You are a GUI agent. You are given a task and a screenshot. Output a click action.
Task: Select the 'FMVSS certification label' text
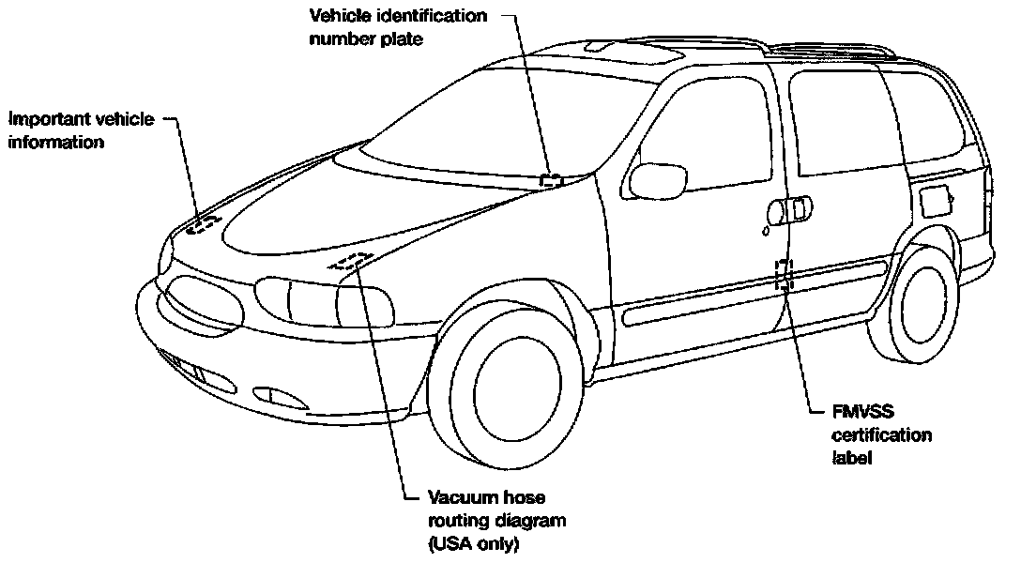pos(883,434)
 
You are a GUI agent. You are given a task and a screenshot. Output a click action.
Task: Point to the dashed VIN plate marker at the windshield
pos(552,178)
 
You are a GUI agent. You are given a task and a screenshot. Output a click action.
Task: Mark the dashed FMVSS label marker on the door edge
pos(784,273)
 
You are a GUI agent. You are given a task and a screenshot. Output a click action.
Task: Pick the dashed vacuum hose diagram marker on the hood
pos(349,261)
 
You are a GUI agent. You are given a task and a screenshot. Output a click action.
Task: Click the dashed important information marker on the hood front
pos(202,223)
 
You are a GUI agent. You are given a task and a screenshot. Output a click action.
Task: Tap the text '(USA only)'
pos(474,541)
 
